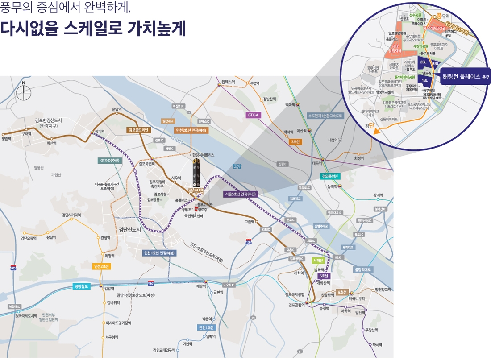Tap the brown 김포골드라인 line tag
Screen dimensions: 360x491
pos(139,130)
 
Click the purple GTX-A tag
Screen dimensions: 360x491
pos(254,115)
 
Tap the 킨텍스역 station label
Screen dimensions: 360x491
pos(228,82)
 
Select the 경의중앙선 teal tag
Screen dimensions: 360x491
pos(331,176)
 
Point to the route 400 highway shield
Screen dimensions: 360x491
pos(13,268)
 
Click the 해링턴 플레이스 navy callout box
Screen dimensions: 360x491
pos(465,77)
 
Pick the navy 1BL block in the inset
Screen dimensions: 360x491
pos(425,81)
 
